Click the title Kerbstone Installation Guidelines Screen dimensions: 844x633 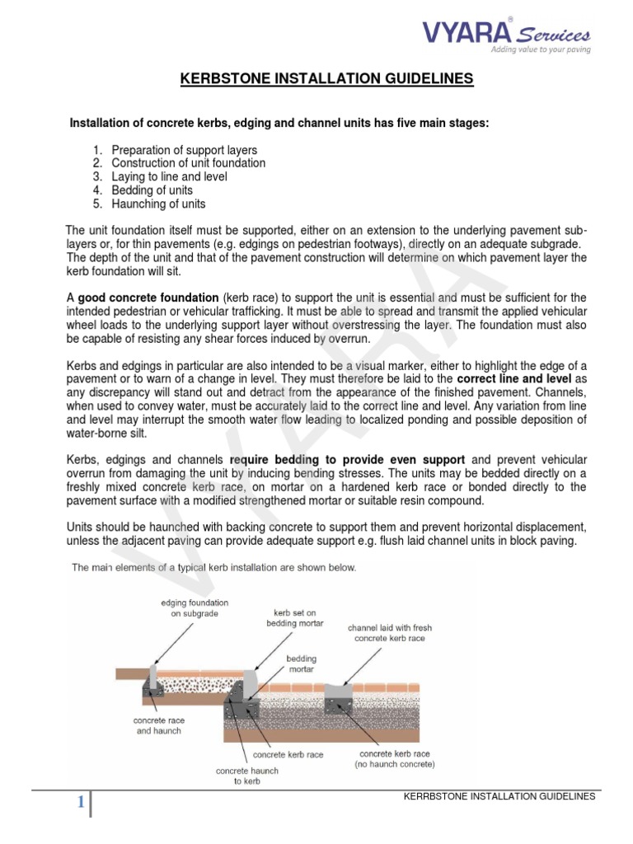pyautogui.click(x=327, y=79)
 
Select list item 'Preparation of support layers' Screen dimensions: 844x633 pyautogui.click(x=184, y=150)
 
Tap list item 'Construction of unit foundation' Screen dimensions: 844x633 pyautogui.click(x=188, y=163)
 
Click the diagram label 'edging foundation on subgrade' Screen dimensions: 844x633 pyautogui.click(x=195, y=608)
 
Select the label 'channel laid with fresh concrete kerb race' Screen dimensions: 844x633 pyautogui.click(x=389, y=633)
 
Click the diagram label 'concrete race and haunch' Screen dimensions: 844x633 pyautogui.click(x=157, y=724)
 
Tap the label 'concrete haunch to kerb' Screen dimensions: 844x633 pyautogui.click(x=246, y=776)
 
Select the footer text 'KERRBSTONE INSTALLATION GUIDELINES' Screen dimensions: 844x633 pyautogui.click(x=496, y=796)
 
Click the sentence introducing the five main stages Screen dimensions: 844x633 pyautogui.click(x=279, y=123)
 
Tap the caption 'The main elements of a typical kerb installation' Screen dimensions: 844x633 pyautogui.click(x=214, y=567)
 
